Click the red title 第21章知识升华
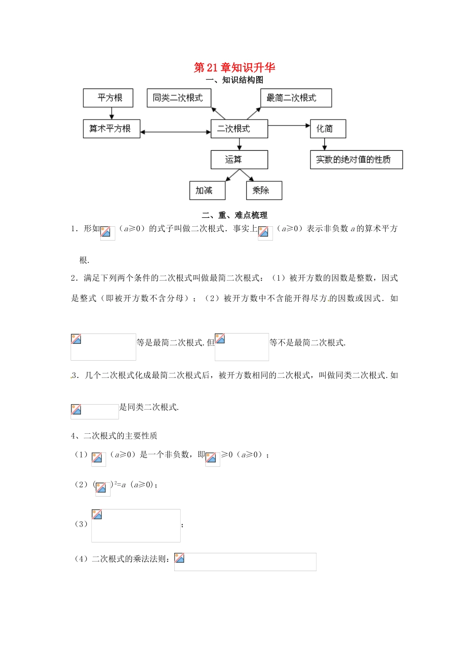pyautogui.click(x=234, y=67)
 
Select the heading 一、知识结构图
pyautogui.click(x=234, y=80)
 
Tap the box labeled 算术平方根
pyautogui.click(x=111, y=128)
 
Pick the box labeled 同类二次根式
pyautogui.click(x=179, y=98)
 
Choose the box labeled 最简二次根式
pyautogui.click(x=296, y=98)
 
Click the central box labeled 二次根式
pyautogui.click(x=239, y=128)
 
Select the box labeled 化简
pyautogui.click(x=327, y=128)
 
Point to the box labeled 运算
pyautogui.click(x=239, y=160)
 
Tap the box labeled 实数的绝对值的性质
pyautogui.click(x=356, y=160)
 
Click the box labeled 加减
pyautogui.click(x=207, y=190)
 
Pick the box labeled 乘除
pyautogui.click(x=264, y=190)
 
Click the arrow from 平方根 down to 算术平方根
pyautogui.click(x=111, y=113)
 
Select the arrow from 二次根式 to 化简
pyautogui.click(x=289, y=125)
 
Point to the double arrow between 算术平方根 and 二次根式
pyautogui.click(x=175, y=132)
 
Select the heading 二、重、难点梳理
pyautogui.click(x=234, y=215)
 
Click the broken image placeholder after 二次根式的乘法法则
pyautogui.click(x=245, y=562)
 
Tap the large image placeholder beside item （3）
pyautogui.click(x=136, y=526)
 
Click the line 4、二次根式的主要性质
pyautogui.click(x=114, y=436)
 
